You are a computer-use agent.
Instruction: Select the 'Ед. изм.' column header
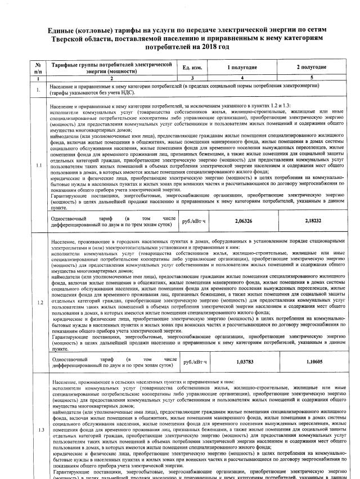coord(192,68)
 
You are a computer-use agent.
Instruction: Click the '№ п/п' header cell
coord(38,68)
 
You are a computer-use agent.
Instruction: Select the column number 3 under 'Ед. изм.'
coord(192,78)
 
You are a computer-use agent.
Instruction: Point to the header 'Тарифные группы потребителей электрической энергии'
coord(111,68)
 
